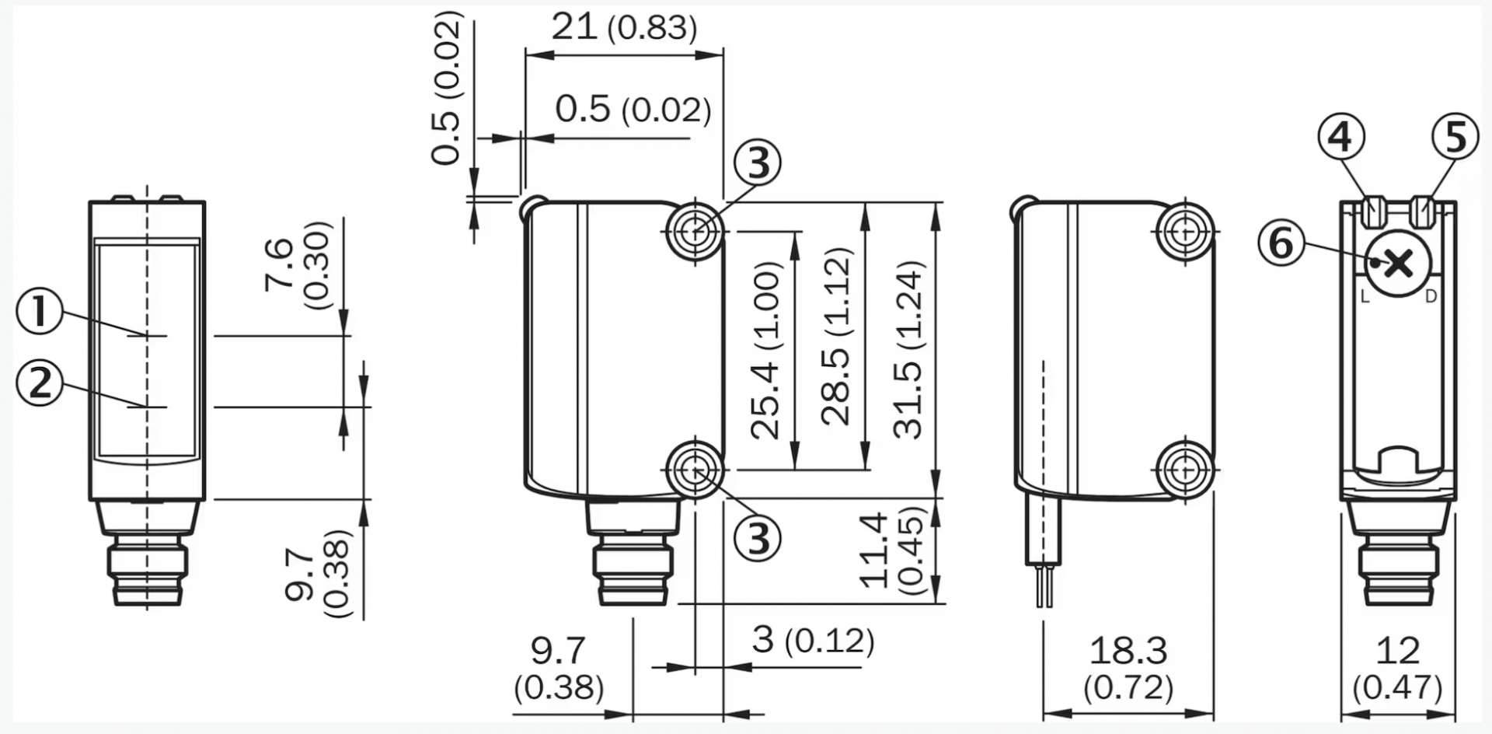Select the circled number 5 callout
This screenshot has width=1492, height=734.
tap(1455, 138)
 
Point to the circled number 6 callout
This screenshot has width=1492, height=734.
tap(1281, 243)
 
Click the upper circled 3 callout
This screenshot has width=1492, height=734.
tap(758, 163)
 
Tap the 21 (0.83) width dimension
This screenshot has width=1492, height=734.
tap(624, 28)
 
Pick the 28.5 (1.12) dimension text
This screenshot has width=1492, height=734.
tap(837, 337)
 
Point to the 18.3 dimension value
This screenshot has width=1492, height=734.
tap(1128, 650)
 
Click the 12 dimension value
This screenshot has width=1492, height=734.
tap(1398, 650)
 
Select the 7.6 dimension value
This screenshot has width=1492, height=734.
tap(279, 265)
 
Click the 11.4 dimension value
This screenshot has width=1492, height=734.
tap(873, 550)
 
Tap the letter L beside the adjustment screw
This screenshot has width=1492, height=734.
tap(1365, 296)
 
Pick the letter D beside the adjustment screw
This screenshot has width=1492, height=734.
tap(1431, 296)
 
